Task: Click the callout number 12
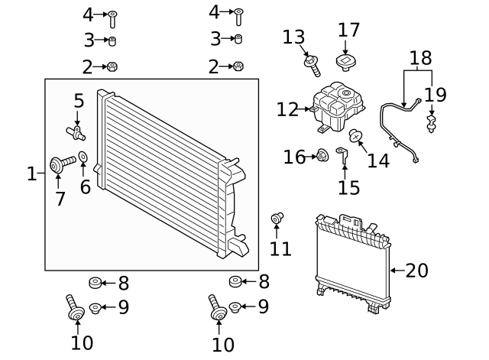[x=287, y=109]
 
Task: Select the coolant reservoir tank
[x=338, y=107]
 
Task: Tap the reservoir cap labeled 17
[x=346, y=63]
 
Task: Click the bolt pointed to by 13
[x=313, y=66]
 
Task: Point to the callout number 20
[x=417, y=271]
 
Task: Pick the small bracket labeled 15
[x=343, y=155]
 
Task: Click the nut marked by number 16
[x=322, y=155]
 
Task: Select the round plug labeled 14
[x=355, y=136]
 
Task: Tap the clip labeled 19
[x=431, y=124]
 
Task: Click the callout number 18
[x=421, y=58]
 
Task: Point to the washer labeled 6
[x=83, y=157]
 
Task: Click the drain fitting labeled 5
[x=76, y=133]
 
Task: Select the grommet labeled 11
[x=277, y=218]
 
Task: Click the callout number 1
[x=32, y=174]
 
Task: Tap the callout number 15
[x=349, y=187]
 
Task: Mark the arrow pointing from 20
[x=397, y=271]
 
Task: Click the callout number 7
[x=60, y=199]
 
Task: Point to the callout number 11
[x=280, y=248]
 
